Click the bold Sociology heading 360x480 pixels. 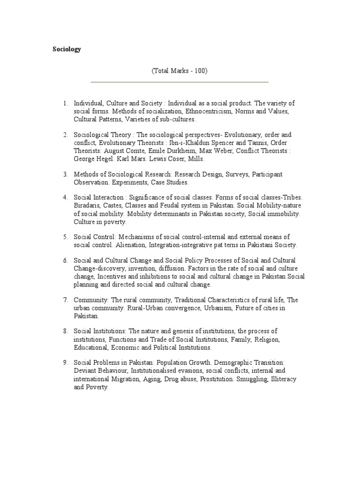click(66, 49)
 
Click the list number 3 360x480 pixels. click(66, 174)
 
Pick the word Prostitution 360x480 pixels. click(216, 379)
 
